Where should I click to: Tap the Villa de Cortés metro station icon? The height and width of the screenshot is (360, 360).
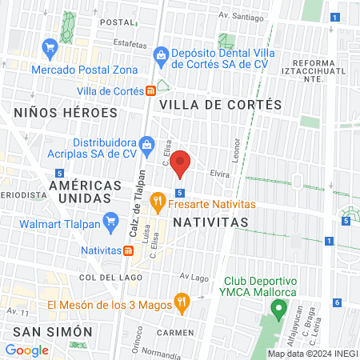(150, 91)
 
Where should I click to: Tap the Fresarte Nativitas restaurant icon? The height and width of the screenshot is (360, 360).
(158, 198)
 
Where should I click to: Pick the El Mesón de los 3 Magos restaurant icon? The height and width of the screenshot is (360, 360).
(182, 303)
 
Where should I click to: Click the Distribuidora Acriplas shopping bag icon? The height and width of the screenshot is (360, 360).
(146, 145)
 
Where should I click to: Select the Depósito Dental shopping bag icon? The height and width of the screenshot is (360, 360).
(161, 54)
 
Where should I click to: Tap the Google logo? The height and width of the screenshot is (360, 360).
(26, 350)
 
